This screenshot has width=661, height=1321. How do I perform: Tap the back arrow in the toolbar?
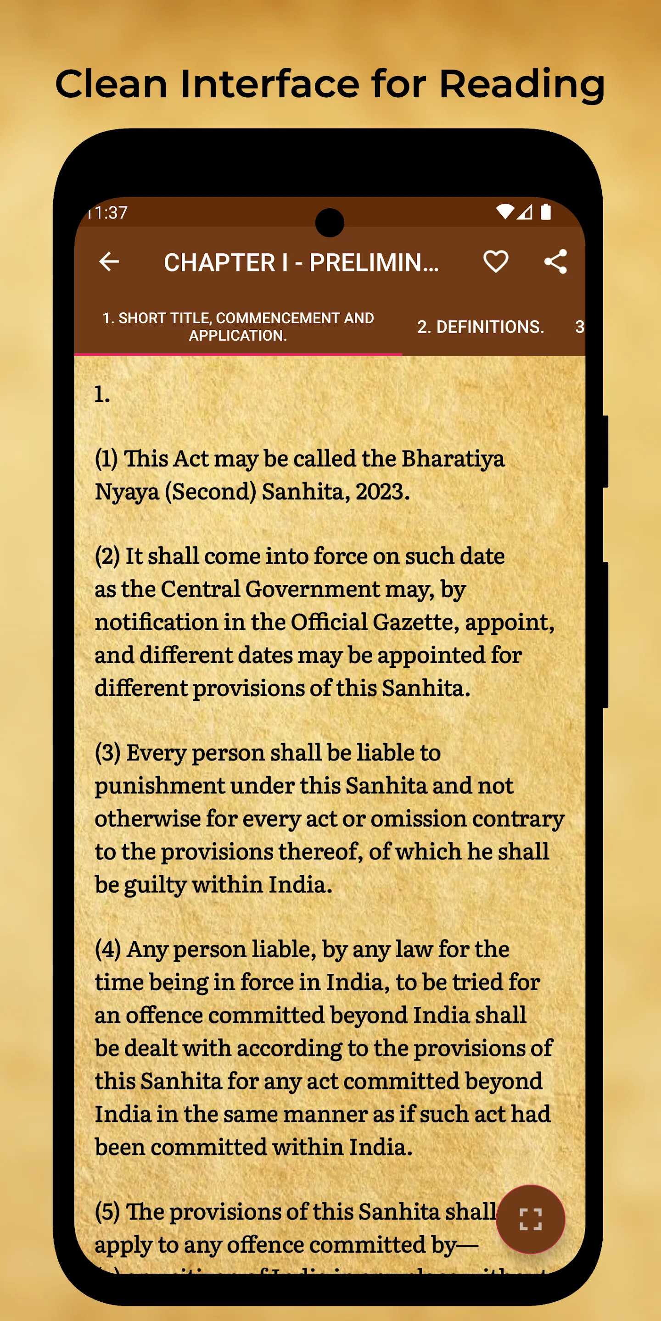coord(109,261)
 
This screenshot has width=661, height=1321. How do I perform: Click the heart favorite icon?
coord(495,261)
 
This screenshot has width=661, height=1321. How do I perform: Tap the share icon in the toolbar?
coord(555,261)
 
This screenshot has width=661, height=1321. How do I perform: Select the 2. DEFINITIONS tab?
coord(480,327)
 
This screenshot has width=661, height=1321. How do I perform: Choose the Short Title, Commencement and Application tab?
coord(238,327)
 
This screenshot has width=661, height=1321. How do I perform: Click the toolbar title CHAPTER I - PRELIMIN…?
coord(301,262)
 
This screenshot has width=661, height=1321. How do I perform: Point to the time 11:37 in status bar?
coord(108,212)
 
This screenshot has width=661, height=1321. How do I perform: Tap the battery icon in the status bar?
coord(545,212)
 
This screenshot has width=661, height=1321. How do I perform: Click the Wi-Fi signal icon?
coord(505,211)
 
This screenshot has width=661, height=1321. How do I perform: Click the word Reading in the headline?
coord(521,84)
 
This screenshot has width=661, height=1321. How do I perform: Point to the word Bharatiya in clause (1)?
coord(453,459)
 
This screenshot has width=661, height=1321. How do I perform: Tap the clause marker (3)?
coord(108,753)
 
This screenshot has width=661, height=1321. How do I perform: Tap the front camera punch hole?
coord(330,223)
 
